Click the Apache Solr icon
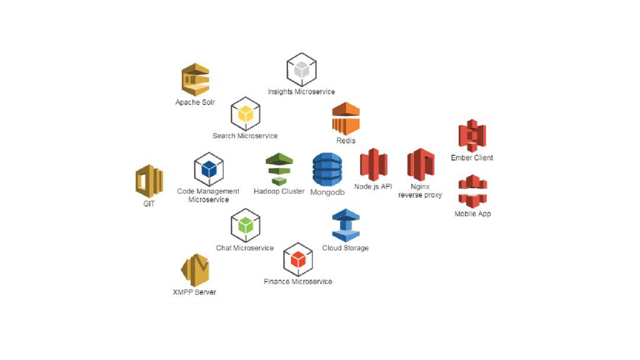[x=195, y=80]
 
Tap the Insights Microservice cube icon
[x=301, y=69]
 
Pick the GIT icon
[x=149, y=181]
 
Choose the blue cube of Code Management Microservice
[x=209, y=169]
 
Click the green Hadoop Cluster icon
[x=279, y=169]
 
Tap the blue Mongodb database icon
[x=327, y=169]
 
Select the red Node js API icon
[x=373, y=165]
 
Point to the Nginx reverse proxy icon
[x=420, y=165]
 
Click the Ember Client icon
[x=472, y=136]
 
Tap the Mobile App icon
[x=472, y=191]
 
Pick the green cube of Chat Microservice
[x=245, y=225]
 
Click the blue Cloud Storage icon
[x=345, y=225]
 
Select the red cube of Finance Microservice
[x=297, y=259]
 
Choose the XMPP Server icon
[x=194, y=270]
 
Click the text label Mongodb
[x=327, y=192]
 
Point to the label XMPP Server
[x=194, y=292]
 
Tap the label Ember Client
[x=472, y=158]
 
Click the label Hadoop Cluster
[x=279, y=191]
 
